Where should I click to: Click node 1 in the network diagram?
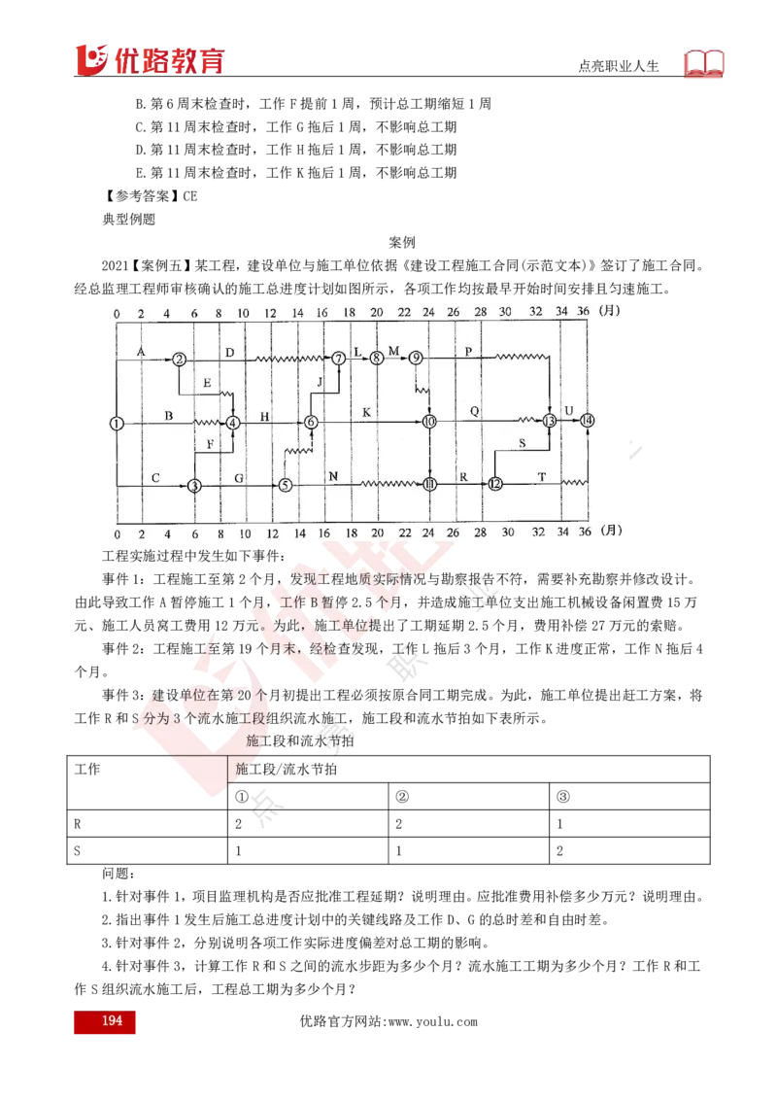click(x=117, y=423)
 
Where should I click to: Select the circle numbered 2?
click(x=181, y=360)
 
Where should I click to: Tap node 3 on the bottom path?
click(x=194, y=485)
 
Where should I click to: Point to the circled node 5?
click(x=286, y=485)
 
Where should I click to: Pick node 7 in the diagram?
click(x=338, y=360)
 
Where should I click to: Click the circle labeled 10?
click(x=429, y=422)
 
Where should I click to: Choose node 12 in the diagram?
click(x=495, y=484)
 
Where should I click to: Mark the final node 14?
click(x=587, y=421)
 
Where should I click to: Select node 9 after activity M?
click(x=416, y=359)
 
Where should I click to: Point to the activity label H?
click(x=264, y=415)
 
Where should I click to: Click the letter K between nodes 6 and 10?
click(x=366, y=413)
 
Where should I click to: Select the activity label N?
click(x=333, y=476)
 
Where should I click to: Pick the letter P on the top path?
click(x=468, y=351)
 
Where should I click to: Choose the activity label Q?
click(x=474, y=411)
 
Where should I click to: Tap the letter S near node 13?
click(x=522, y=443)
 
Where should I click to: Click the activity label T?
click(x=541, y=476)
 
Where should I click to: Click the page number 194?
click(x=112, y=1021)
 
